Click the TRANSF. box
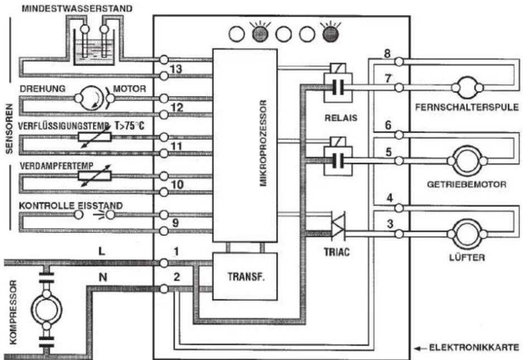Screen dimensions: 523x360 coord(245,276)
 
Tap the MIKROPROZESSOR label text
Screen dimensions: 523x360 coord(263,143)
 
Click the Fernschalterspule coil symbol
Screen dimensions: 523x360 coord(467,88)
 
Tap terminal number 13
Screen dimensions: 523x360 coord(176,69)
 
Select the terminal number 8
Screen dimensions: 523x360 coord(387,53)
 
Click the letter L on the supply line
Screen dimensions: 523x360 coord(102,251)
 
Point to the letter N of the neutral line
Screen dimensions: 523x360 coord(103,277)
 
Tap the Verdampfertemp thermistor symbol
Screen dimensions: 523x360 coord(95,175)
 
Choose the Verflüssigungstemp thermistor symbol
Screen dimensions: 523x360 coord(95,137)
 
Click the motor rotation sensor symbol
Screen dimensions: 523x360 coord(90,98)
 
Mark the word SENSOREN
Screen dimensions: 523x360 coord(9,128)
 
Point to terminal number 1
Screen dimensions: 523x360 coord(176,251)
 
